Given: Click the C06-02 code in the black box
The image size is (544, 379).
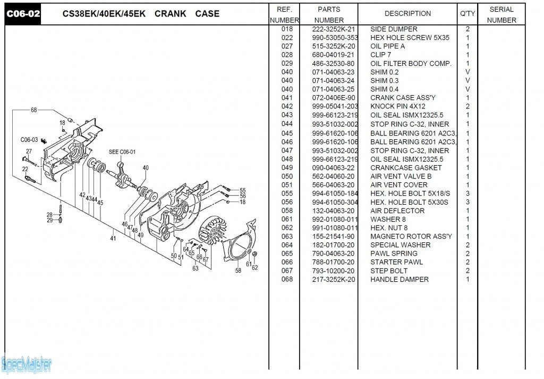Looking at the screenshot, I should (23, 14).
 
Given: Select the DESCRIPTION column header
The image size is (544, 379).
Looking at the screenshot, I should (407, 14).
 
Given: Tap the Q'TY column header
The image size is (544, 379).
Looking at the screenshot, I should (467, 14).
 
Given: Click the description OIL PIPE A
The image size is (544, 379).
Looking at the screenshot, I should (387, 46).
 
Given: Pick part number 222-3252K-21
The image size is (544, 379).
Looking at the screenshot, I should (334, 29).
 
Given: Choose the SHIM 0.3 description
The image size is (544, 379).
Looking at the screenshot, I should (384, 81).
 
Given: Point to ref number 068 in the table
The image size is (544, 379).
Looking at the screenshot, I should (287, 280).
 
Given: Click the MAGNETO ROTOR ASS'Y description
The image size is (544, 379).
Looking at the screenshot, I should (411, 237).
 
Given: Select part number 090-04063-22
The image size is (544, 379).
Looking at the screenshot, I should (334, 168).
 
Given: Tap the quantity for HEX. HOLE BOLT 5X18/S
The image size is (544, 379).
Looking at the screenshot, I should (467, 193).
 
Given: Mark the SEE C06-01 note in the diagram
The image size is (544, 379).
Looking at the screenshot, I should (122, 152).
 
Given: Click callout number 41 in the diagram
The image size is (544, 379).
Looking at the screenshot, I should (113, 239).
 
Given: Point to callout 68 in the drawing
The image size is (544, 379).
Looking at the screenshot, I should (34, 110).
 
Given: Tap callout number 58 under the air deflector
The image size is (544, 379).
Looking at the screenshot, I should (238, 270).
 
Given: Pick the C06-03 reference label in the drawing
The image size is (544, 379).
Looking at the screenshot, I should (29, 140).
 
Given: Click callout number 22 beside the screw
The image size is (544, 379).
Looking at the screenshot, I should (25, 169).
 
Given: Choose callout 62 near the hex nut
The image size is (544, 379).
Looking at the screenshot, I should (255, 267).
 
